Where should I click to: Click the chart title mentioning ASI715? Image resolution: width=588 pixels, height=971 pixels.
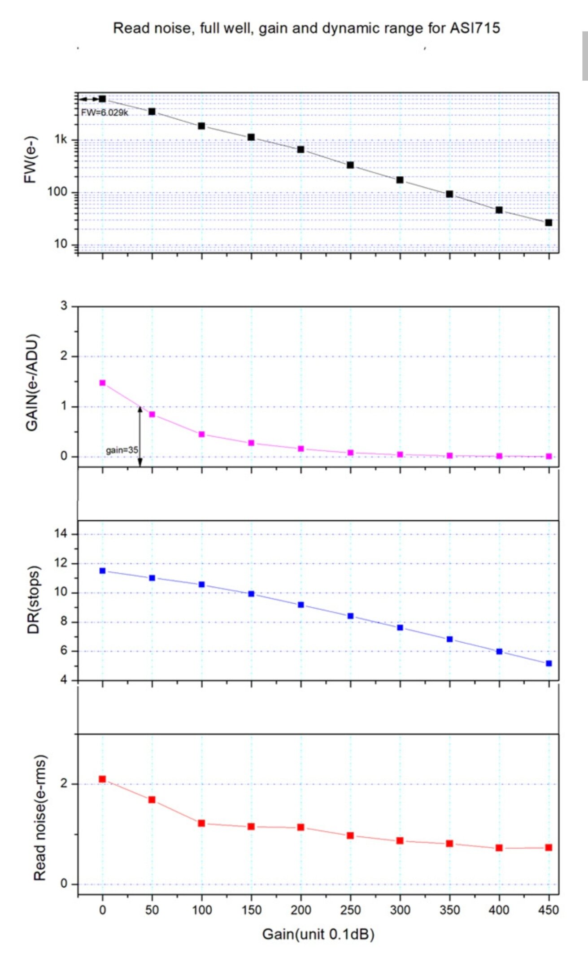coord(306,28)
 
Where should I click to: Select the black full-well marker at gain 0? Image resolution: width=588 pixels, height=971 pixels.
coord(102,99)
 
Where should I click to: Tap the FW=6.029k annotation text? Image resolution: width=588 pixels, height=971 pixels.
coord(105,113)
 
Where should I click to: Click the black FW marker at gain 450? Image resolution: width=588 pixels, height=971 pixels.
coord(549,222)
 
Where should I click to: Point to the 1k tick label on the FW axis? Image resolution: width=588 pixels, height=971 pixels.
coord(61,139)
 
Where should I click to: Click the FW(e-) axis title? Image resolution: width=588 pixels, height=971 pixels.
coord(30,159)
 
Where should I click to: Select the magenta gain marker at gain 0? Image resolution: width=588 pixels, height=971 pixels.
coord(102,383)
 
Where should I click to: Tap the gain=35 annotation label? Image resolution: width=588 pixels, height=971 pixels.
coord(122,450)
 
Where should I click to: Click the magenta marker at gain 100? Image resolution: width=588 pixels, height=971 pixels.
coord(201,434)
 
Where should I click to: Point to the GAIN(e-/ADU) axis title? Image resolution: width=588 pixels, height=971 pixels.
coord(32,383)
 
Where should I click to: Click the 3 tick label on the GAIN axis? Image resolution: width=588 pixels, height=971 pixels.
coord(64,306)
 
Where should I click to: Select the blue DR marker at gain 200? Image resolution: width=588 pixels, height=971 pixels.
coord(301,605)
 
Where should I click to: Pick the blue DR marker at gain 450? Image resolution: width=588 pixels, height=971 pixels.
coord(549,663)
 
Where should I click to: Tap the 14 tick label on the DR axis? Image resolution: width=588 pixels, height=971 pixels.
coord(61,534)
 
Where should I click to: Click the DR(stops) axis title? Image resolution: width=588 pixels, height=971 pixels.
coord(34,599)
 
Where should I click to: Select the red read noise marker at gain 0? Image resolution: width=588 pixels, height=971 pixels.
coord(102,779)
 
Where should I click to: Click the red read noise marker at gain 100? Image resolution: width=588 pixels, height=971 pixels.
coord(201,823)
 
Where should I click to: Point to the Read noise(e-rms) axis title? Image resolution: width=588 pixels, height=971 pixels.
coord(40,818)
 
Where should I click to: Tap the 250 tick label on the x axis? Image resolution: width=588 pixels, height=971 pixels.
coord(350,910)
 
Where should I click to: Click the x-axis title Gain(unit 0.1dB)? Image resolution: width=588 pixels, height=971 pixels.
coord(318,934)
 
